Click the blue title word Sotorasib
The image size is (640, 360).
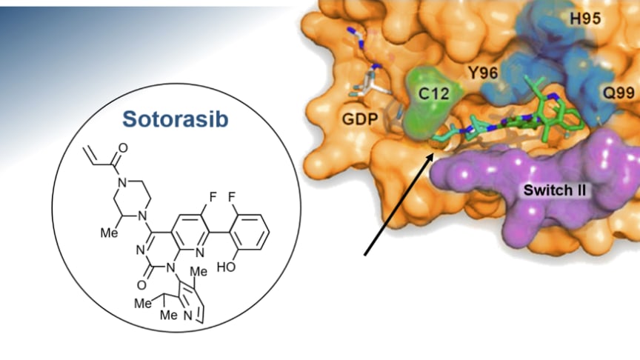click(175, 119)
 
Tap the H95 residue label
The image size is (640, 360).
click(585, 19)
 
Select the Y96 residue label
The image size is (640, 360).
click(483, 73)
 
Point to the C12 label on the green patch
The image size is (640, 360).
click(434, 94)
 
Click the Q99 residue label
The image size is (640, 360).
click(619, 93)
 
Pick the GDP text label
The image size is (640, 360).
click(361, 119)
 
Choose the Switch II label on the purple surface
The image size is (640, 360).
click(555, 190)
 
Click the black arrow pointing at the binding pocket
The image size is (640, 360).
click(399, 204)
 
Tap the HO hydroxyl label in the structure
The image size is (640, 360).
click(227, 267)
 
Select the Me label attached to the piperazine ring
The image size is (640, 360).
click(110, 233)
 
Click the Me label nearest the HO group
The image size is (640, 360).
click(199, 271)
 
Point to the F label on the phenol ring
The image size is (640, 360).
click(232, 198)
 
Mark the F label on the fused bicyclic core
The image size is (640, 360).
click(213, 198)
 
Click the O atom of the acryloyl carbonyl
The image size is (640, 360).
click(123, 147)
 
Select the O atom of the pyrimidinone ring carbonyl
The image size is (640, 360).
click(141, 285)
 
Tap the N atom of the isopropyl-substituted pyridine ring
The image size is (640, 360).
click(187, 316)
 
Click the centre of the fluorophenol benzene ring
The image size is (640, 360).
click(250, 233)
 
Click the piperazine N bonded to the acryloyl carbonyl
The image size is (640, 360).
click(121, 182)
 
